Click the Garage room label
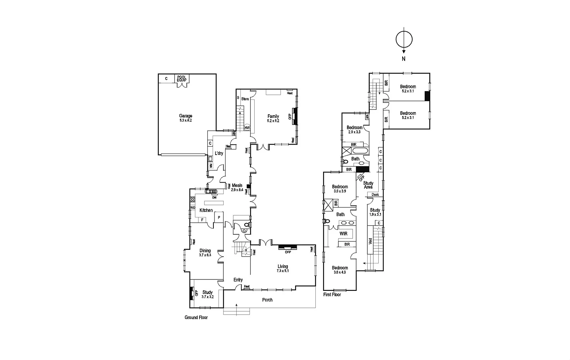(185, 118)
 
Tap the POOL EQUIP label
(182, 78)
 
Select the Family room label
(273, 118)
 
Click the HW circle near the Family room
(247, 128)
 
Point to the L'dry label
(219, 154)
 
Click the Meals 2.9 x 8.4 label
(237, 187)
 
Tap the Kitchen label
(206, 210)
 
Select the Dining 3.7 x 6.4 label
(205, 253)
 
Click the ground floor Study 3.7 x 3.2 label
(207, 294)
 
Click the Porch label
(267, 300)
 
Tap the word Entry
(238, 280)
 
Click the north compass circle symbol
(404, 39)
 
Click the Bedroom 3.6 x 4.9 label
(340, 270)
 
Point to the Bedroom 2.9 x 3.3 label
(354, 129)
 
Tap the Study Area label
(368, 185)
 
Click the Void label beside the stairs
(370, 241)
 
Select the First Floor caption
(332, 295)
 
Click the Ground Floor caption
(196, 318)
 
